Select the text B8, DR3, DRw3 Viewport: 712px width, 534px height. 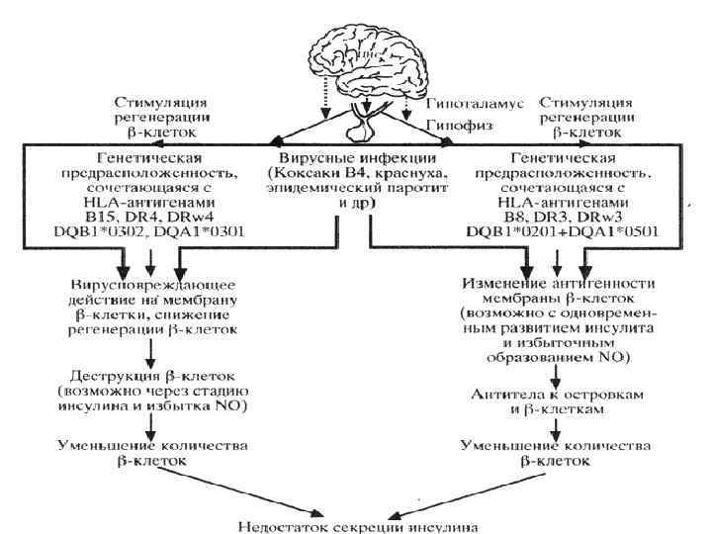pyautogui.click(x=547, y=217)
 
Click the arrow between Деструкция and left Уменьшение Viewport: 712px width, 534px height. pyautogui.click(x=150, y=419)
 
